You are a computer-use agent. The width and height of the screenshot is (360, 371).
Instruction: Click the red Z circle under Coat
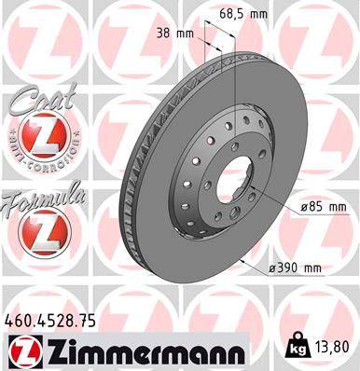(42, 140)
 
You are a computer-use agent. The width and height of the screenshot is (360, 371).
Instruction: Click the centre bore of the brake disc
(235, 177)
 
